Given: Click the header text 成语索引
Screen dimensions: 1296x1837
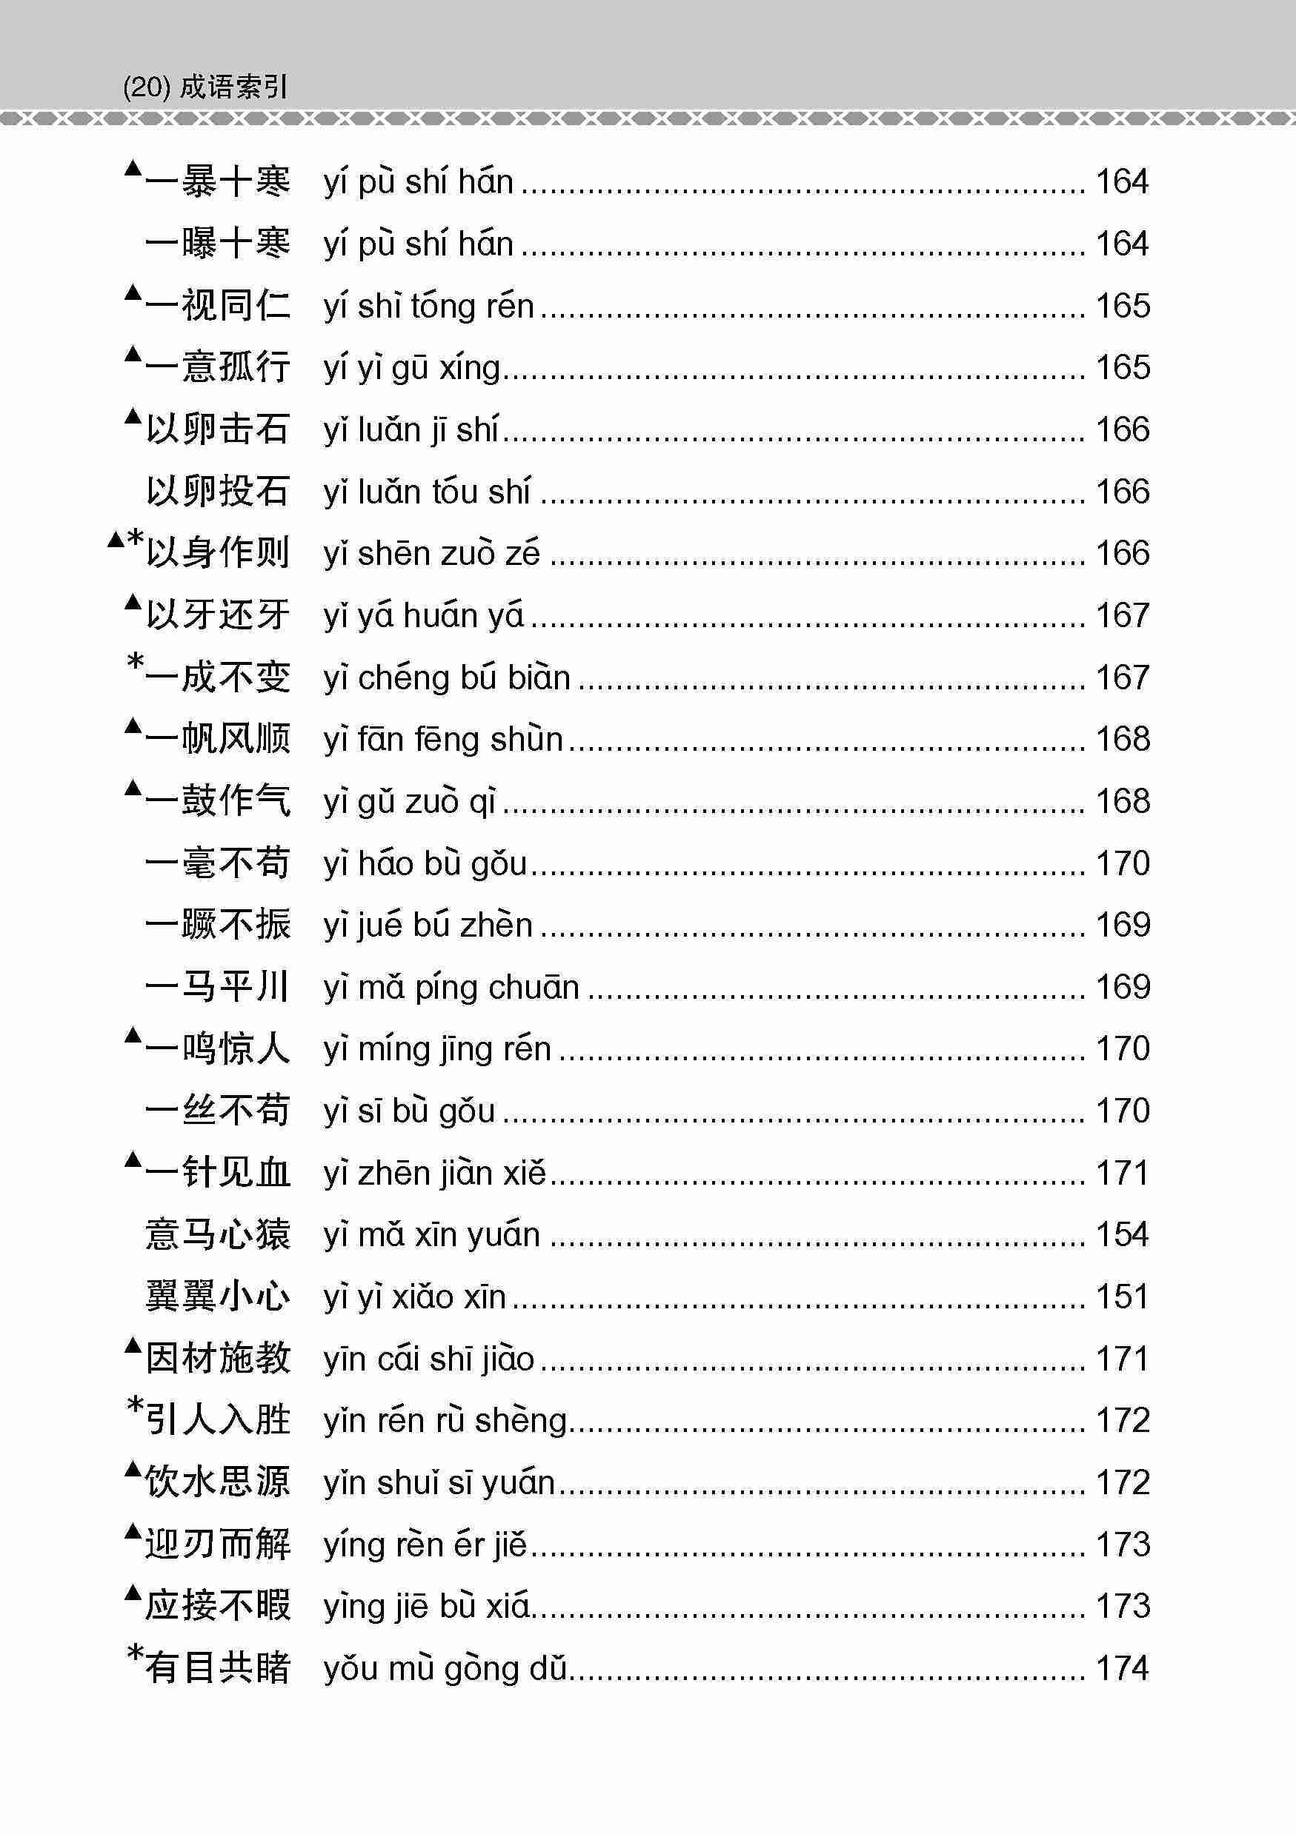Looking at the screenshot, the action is (232, 87).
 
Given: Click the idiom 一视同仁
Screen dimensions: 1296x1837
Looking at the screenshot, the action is (217, 306).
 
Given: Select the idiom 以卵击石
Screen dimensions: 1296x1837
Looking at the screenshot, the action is (217, 429).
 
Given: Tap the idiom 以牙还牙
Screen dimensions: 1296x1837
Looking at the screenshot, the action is (217, 615).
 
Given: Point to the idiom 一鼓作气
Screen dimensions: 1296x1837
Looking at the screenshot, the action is (217, 801).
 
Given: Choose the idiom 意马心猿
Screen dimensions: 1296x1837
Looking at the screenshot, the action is (217, 1234).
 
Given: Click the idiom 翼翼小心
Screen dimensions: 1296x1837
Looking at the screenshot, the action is (217, 1296).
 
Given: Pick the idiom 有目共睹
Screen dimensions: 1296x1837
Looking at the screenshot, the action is (217, 1668).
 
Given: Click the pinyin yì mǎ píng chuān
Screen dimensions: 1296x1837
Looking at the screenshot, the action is (451, 987).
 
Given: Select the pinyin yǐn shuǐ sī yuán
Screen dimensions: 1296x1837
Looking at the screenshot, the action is (439, 1482).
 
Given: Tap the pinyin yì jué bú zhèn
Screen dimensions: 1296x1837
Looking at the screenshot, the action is (428, 926).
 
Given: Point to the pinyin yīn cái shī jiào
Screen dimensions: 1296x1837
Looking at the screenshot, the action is (428, 1359).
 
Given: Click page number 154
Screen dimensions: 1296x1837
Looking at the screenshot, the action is (1123, 1234).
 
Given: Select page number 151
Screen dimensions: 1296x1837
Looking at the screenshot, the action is (1123, 1296).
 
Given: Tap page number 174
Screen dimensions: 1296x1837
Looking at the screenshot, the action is (1123, 1668).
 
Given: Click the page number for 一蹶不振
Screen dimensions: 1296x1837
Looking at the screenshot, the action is (1123, 925).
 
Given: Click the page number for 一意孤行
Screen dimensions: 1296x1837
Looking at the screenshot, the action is (1123, 368).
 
